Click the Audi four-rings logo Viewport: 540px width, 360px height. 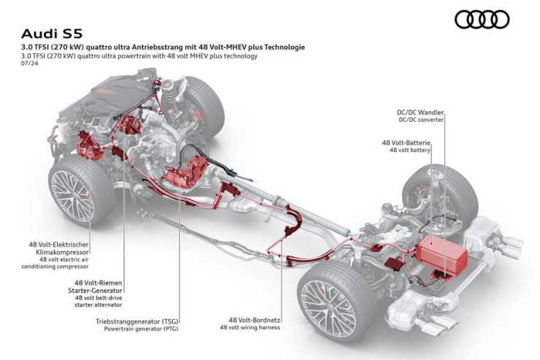coord(482,19)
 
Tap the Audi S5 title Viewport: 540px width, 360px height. coord(52,34)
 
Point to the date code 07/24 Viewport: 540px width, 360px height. coord(30,63)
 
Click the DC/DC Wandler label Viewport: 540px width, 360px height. coord(420,112)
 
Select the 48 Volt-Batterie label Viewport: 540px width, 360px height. coord(406,142)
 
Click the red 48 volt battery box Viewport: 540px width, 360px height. coord(441,252)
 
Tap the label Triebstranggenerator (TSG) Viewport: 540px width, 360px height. coord(137,321)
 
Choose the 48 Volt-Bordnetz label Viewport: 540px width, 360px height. coord(254,320)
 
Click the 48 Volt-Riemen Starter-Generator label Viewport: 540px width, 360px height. coord(95,286)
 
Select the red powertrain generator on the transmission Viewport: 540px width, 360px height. coord(186,172)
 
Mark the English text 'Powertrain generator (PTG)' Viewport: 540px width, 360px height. coord(141,329)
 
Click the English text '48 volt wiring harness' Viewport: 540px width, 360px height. coord(250,327)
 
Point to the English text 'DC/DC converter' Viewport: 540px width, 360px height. coord(421,120)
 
